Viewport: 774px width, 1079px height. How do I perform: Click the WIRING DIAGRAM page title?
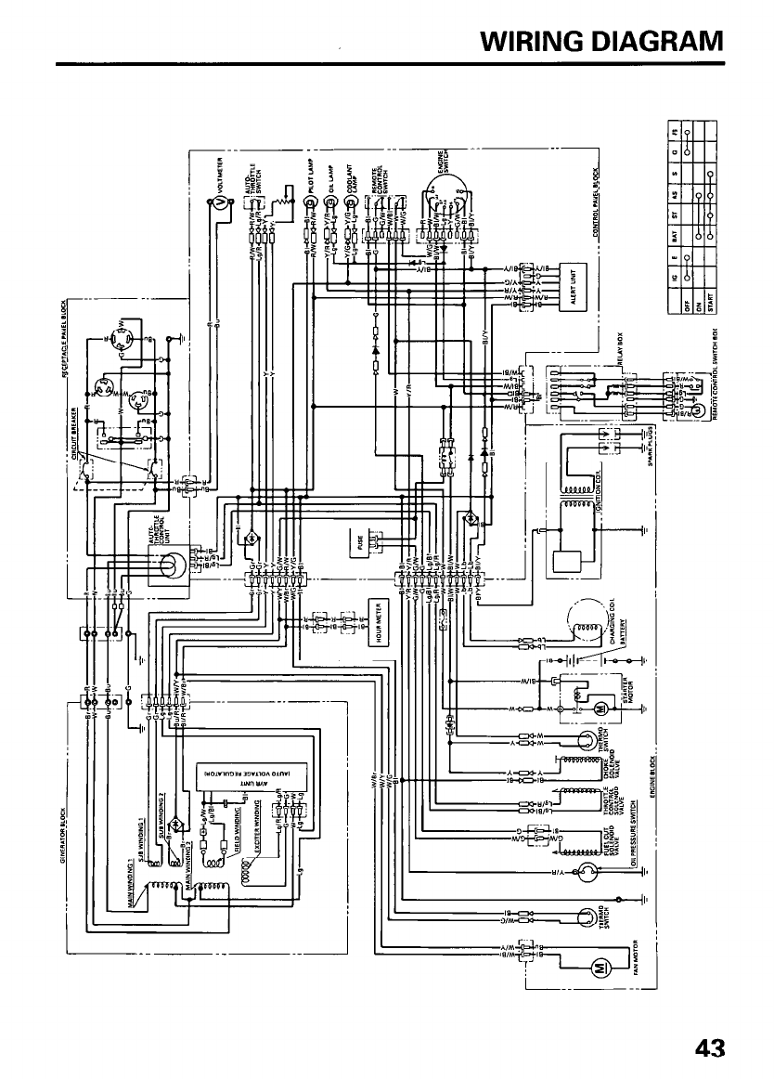pos(602,42)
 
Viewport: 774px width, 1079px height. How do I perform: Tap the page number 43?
pos(709,1047)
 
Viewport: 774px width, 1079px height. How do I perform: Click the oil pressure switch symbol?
pos(586,870)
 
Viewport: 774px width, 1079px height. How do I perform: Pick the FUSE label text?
pos(358,541)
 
